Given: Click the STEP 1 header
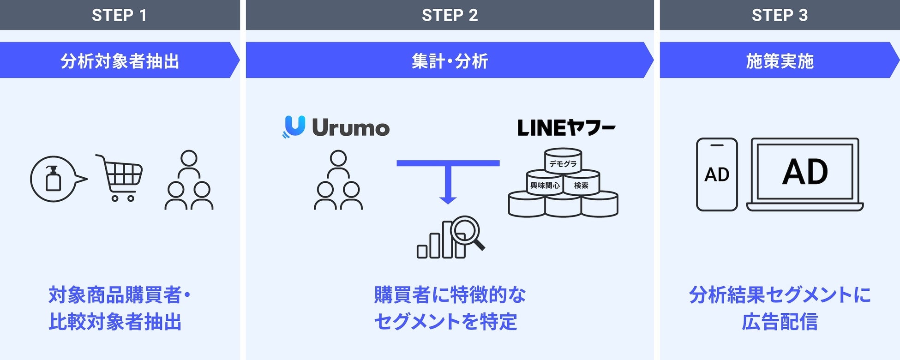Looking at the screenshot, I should pyautogui.click(x=120, y=15).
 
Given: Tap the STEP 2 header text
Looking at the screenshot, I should pyautogui.click(x=450, y=15).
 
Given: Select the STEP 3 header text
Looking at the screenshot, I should pyautogui.click(x=780, y=15).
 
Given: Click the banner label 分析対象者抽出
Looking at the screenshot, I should pyautogui.click(x=120, y=60).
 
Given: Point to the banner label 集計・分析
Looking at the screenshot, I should pyautogui.click(x=450, y=60).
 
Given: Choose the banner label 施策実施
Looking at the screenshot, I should pyautogui.click(x=780, y=60).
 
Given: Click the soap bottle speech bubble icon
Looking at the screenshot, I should pyautogui.click(x=55, y=179).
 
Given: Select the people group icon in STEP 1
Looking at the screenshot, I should pyautogui.click(x=189, y=180).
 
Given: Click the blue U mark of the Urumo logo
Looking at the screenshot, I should pyautogui.click(x=294, y=126).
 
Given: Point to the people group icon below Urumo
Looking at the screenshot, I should pyautogui.click(x=338, y=180).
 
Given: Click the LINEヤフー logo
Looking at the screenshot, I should pyautogui.click(x=566, y=128).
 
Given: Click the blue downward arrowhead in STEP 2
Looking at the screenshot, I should pyautogui.click(x=448, y=199).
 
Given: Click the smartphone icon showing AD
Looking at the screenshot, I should pyautogui.click(x=717, y=174).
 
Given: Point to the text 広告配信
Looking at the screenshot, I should pyautogui.click(x=780, y=322).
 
